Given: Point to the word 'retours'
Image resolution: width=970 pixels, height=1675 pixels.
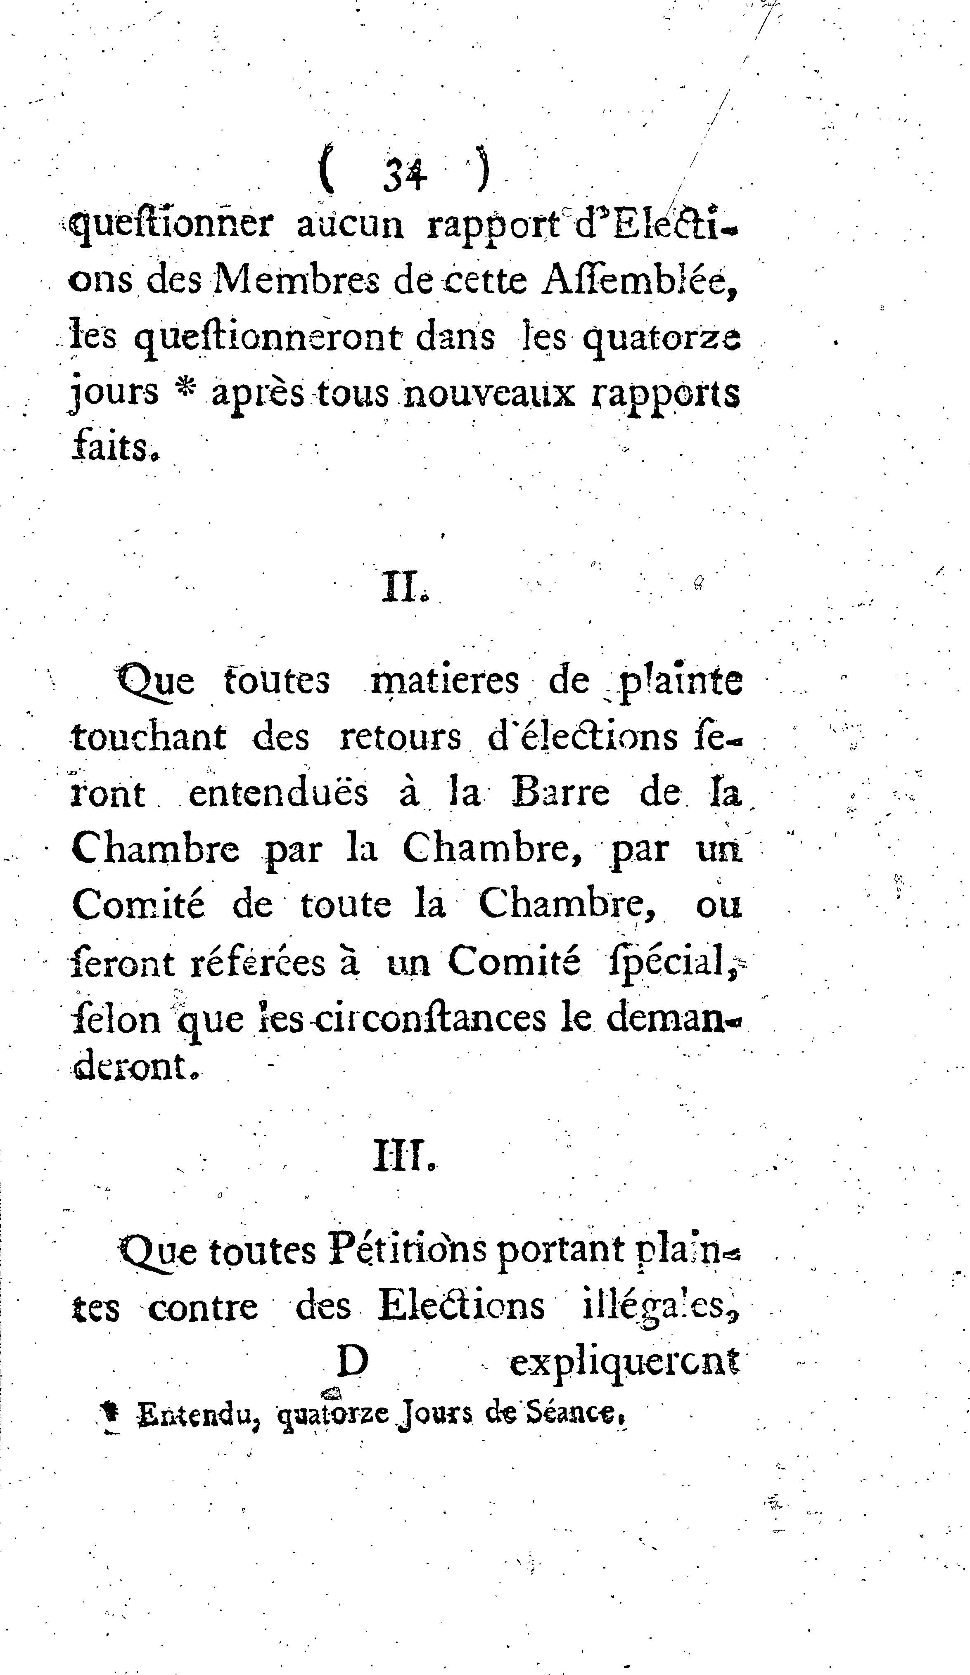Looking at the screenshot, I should pyautogui.click(x=400, y=738).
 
